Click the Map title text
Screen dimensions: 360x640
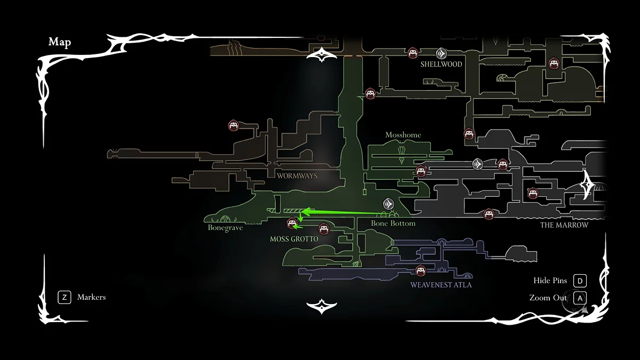[x=60, y=42]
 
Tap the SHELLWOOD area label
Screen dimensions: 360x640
[x=441, y=65]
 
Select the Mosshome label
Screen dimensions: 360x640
[x=403, y=135]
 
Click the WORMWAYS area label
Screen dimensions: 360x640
[x=297, y=175]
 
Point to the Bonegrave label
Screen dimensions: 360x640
[x=225, y=228]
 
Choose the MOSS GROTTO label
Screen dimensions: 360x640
[x=294, y=239]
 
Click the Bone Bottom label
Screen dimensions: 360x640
[x=393, y=223]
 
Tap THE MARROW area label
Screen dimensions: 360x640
[x=564, y=225]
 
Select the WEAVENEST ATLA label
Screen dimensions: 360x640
[x=441, y=285]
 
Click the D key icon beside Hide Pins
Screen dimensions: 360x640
[x=580, y=281]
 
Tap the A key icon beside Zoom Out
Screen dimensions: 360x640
[x=580, y=298]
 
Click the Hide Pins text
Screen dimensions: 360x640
[x=550, y=281]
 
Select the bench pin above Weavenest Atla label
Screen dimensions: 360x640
[x=420, y=270]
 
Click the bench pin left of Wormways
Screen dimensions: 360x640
[x=233, y=126]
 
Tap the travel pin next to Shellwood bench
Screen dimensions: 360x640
[x=441, y=53]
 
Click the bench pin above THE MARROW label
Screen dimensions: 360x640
[x=489, y=214]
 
